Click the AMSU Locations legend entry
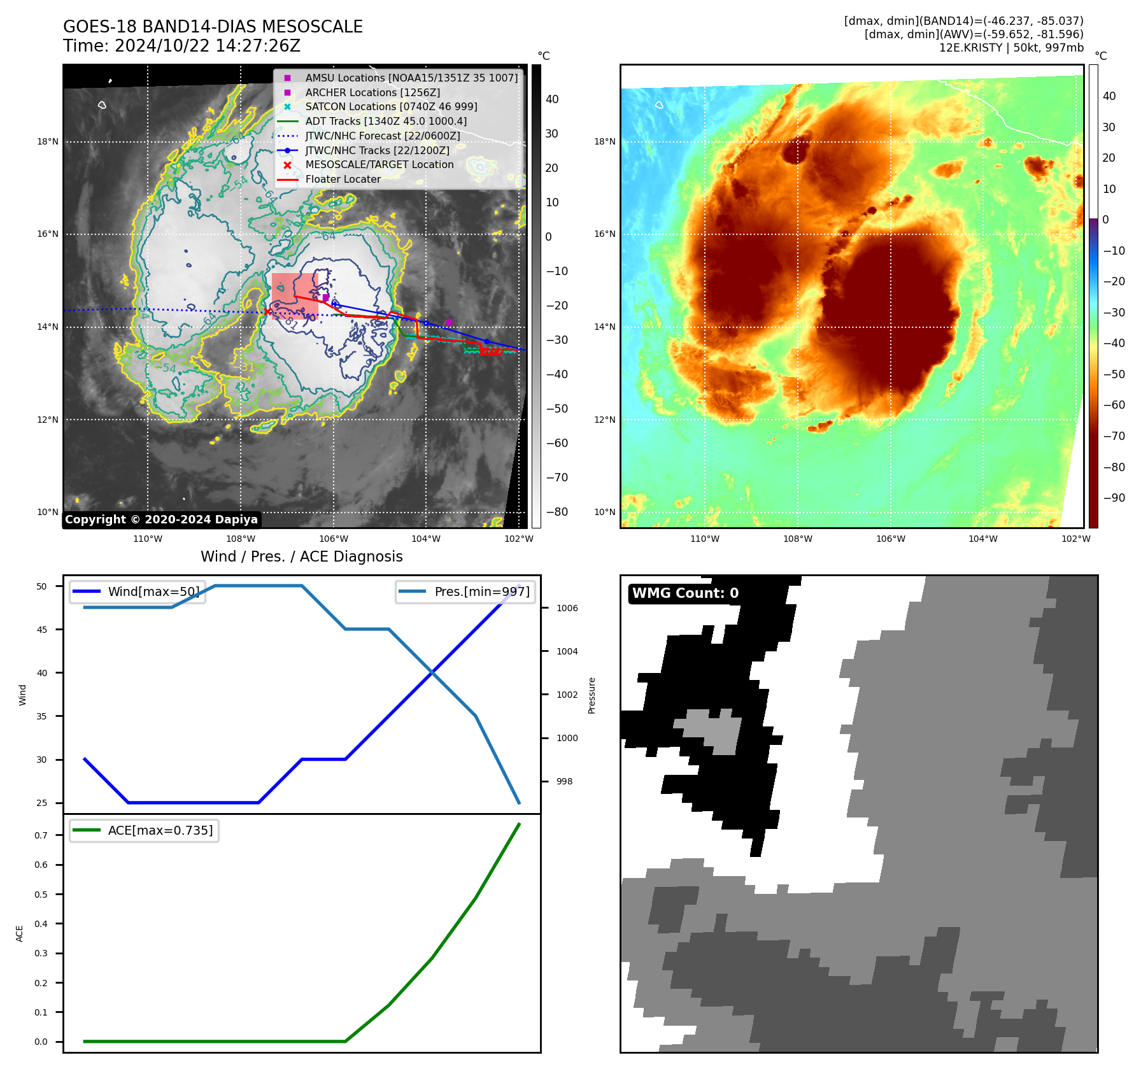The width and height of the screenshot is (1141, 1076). tap(411, 78)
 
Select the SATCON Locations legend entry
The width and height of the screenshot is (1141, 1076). tap(390, 107)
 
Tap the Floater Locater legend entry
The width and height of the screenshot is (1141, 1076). tap(343, 180)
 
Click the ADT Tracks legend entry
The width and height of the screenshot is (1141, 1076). tap(385, 121)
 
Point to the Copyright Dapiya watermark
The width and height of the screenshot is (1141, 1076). tap(161, 520)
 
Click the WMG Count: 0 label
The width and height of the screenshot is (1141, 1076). tap(685, 593)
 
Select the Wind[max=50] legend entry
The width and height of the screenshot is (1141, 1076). tap(153, 591)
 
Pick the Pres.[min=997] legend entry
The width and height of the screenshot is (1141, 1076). tap(481, 591)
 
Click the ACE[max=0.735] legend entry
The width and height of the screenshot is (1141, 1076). tap(160, 830)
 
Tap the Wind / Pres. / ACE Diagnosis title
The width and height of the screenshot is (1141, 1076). tap(301, 557)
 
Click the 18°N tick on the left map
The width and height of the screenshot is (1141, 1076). tap(48, 141)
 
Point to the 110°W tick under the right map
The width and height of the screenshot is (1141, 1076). tap(705, 539)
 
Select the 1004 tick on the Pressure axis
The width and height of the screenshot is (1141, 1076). tap(567, 651)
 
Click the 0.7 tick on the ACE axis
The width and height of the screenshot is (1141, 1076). tap(41, 835)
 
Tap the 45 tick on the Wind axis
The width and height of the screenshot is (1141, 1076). tap(42, 630)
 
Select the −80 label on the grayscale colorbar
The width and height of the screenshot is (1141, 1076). tap(556, 512)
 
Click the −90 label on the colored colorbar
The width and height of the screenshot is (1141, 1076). tap(1114, 498)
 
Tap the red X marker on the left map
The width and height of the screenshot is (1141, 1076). tap(267, 311)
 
